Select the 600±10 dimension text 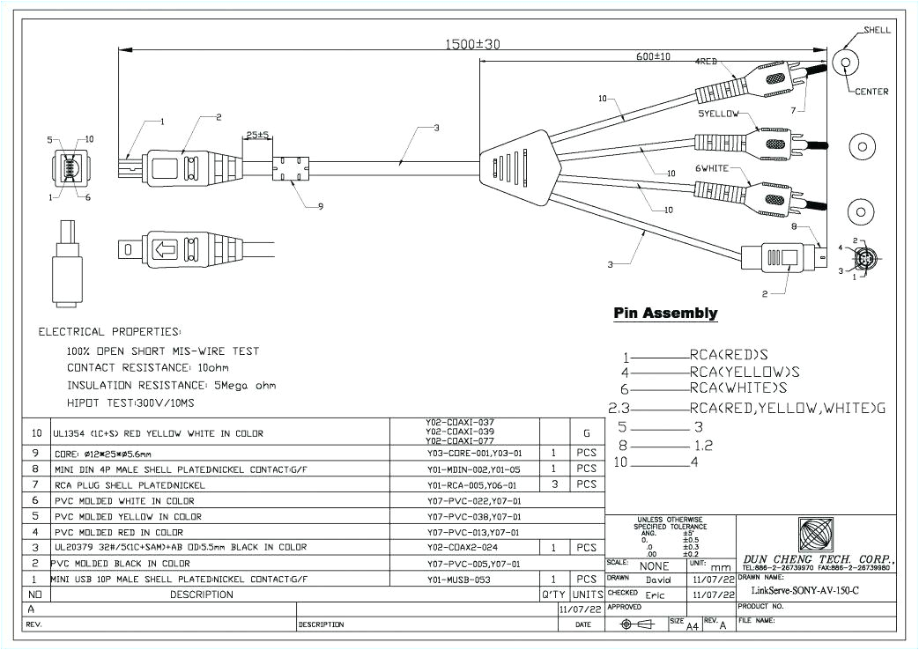653,56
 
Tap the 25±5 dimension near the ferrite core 258,136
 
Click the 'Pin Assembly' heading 665,314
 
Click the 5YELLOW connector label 719,114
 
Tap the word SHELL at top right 877,30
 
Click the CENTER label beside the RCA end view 871,92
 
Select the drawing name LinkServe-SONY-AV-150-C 799,590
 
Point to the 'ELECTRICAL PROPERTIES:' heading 110,332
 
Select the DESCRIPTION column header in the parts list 202,595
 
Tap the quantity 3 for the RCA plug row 552,484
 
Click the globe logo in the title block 816,534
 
